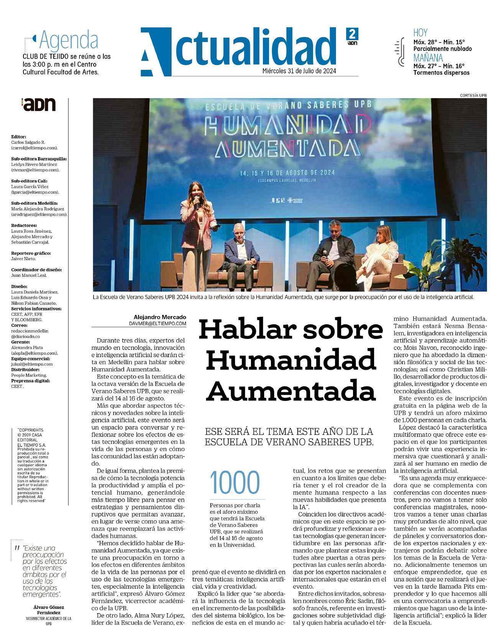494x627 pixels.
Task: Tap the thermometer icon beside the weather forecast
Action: click(x=401, y=52)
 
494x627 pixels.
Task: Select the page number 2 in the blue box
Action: click(x=351, y=33)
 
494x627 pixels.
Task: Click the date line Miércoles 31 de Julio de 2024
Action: click(x=299, y=71)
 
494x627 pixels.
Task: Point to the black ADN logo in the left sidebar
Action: click(x=39, y=104)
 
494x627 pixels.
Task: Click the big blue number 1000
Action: click(x=235, y=482)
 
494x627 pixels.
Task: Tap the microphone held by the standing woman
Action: click(x=197, y=200)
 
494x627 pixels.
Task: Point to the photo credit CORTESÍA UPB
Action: click(x=473, y=95)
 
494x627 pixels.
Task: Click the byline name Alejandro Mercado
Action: click(x=160, y=317)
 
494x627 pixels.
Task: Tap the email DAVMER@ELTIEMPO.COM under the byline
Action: click(x=157, y=323)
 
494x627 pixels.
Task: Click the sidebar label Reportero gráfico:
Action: click(x=31, y=253)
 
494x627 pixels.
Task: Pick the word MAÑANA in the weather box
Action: click(x=428, y=58)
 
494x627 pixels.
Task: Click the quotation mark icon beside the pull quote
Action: click(x=16, y=548)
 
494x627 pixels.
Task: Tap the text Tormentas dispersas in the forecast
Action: click(x=441, y=72)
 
